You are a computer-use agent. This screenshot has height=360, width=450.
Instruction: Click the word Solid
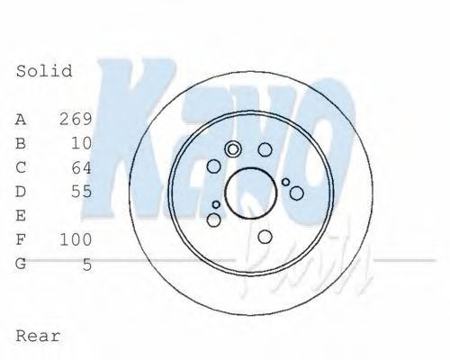44,70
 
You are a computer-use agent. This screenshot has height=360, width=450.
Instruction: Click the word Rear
39,336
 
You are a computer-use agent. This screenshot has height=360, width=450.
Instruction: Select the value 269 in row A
76,119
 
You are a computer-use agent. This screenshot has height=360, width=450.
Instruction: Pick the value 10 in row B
81,143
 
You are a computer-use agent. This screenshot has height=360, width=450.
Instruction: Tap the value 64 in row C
81,167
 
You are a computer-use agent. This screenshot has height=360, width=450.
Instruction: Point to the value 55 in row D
81,192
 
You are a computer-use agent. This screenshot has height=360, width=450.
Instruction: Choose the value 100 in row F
76,240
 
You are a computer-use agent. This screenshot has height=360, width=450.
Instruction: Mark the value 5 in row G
86,265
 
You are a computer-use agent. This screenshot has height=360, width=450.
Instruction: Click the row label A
22,119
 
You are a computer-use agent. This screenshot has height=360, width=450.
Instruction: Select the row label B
22,143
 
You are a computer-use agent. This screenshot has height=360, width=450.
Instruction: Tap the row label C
22,167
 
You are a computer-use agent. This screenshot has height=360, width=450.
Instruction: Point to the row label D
22,192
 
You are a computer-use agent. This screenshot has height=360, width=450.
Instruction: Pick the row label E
22,216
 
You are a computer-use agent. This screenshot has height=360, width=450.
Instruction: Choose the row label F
22,240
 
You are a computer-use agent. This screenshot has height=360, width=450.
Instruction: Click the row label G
22,265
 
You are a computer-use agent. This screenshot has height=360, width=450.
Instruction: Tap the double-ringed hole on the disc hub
233,150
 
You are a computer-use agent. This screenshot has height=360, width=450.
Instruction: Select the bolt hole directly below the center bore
265,236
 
